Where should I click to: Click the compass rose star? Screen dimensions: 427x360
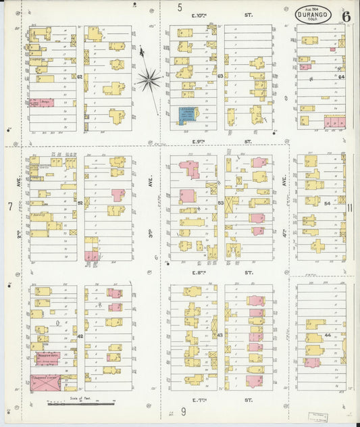tap(148, 80)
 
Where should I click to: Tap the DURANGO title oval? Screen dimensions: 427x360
tap(313, 14)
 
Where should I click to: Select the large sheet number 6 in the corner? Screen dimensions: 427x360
tap(346, 16)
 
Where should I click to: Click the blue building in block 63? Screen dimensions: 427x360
tap(186, 114)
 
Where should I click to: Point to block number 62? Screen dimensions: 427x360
tap(80, 76)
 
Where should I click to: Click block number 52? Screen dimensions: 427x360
tap(80, 203)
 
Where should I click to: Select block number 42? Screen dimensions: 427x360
tap(80, 336)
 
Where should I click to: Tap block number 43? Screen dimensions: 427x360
tap(220, 336)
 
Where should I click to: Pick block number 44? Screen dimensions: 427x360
tap(328, 335)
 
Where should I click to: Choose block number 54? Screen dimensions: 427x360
tap(328, 203)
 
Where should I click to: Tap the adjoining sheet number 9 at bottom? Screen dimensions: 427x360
tap(183, 411)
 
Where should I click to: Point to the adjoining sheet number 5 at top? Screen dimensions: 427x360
tap(180, 7)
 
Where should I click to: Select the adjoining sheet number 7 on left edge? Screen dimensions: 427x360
tap(10, 205)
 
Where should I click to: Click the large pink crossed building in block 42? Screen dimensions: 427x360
tap(45, 383)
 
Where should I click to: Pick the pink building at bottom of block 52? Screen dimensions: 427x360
tap(92, 255)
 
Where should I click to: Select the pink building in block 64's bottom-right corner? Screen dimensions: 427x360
tap(334, 122)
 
